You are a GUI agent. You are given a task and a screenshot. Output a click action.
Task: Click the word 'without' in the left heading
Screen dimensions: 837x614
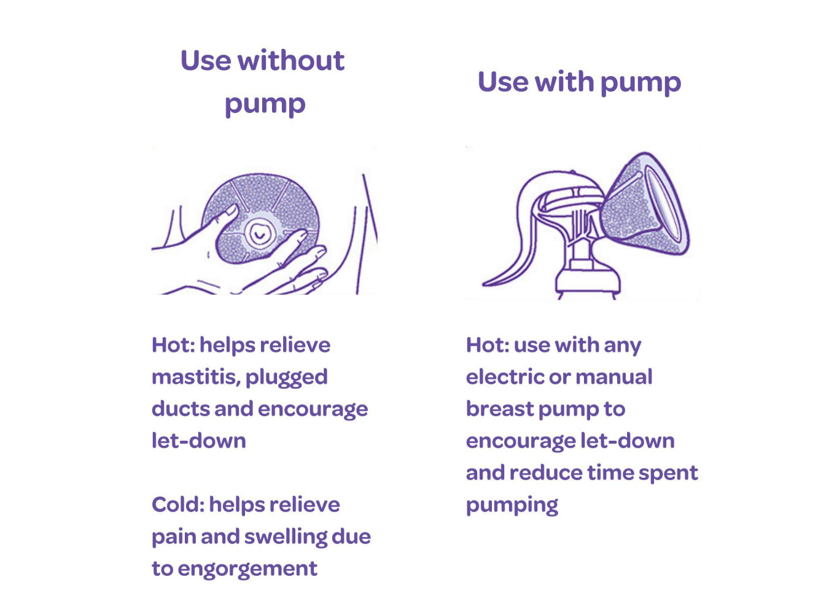tap(292, 61)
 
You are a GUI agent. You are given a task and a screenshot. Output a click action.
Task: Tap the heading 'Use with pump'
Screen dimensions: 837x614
tap(580, 82)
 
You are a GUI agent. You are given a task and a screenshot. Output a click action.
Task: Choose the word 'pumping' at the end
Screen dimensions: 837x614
tap(512, 506)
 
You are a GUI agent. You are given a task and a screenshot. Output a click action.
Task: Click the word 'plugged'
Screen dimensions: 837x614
tap(287, 378)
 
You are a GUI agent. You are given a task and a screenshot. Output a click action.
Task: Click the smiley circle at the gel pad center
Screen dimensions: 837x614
tap(259, 234)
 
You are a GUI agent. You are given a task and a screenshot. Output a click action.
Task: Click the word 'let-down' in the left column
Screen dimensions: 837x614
tap(199, 441)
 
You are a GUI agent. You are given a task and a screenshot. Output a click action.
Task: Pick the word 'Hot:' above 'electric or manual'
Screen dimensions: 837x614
tap(488, 344)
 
